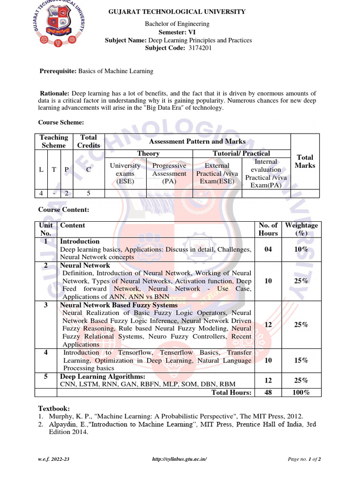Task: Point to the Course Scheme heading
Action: coord(61,122)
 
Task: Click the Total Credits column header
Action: coord(89,141)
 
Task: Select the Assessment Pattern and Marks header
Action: coord(197,141)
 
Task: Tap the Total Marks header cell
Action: coord(305,161)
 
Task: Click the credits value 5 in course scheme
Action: coord(89,193)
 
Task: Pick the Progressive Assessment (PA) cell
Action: coord(169,173)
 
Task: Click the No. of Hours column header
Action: coord(268,229)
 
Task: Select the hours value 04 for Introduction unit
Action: coord(268,249)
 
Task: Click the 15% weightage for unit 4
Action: coord(301,360)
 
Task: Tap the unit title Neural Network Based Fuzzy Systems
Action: coord(119,305)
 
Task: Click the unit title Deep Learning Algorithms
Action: coord(103,376)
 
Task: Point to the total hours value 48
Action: coord(268,392)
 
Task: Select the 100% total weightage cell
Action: coord(301,392)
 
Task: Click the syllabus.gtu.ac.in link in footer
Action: coord(180,459)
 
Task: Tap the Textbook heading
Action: coord(54,408)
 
